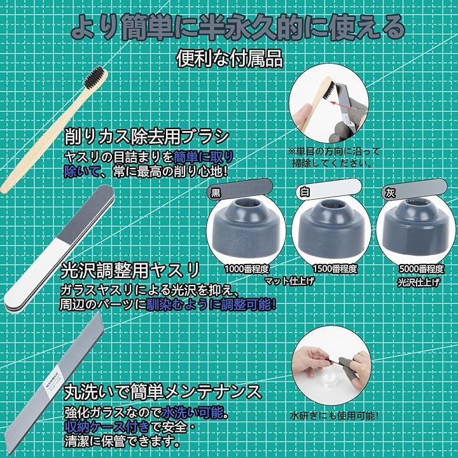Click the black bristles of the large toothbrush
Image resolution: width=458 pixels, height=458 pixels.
pyautogui.click(x=94, y=77)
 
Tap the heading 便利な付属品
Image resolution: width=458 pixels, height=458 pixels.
pyautogui.click(x=230, y=59)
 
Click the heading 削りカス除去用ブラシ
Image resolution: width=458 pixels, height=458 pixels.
pyautogui.click(x=147, y=136)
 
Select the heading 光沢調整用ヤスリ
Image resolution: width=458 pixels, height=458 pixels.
pyautogui.click(x=130, y=270)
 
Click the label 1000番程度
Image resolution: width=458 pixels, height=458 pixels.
pyautogui.click(x=247, y=268)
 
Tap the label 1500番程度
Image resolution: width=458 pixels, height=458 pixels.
pyautogui.click(x=335, y=268)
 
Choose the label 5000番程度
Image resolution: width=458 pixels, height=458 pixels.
pyautogui.click(x=422, y=268)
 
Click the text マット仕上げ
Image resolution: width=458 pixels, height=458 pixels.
pyautogui.click(x=289, y=281)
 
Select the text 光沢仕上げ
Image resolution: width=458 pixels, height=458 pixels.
pyautogui.click(x=419, y=282)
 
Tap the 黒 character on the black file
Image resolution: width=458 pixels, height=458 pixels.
pyautogui.click(x=216, y=193)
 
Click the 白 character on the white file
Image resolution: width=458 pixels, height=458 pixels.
pyautogui.click(x=305, y=193)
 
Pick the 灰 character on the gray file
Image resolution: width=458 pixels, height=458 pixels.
pyautogui.click(x=390, y=193)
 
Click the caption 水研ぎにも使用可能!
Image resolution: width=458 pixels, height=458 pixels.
pyautogui.click(x=334, y=415)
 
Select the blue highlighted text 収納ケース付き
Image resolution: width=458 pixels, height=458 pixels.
pyautogui.click(x=107, y=427)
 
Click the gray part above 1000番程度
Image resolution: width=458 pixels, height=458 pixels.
pyautogui.click(x=246, y=228)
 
